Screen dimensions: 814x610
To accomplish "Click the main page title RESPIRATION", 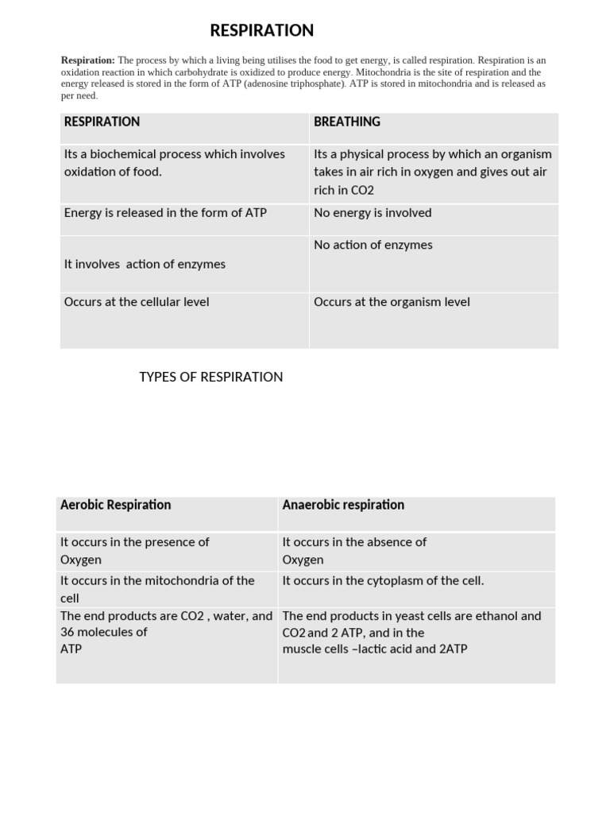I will (x=261, y=30).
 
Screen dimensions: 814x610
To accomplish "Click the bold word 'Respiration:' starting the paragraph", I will (x=88, y=60).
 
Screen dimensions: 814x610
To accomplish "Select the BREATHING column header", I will (x=347, y=122).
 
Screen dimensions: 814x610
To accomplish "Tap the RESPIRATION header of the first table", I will (x=102, y=122).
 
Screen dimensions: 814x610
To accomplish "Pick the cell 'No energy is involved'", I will (x=373, y=213).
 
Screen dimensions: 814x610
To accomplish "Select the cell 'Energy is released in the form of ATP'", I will (x=165, y=213).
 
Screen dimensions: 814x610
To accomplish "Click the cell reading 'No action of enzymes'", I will (x=373, y=245).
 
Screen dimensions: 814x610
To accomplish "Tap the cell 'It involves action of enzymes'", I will (x=145, y=264).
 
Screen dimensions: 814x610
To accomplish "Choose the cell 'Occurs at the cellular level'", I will (x=137, y=302).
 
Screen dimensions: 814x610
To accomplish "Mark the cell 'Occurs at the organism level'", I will (x=392, y=302).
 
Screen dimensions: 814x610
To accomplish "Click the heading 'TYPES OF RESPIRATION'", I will (x=210, y=377).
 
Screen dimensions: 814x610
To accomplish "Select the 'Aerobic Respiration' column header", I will (x=115, y=505).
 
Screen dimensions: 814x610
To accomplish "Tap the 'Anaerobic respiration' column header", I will (x=343, y=505).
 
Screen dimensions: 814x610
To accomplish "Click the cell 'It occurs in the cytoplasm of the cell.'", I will (x=383, y=581).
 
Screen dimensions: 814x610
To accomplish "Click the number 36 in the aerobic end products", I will (x=68, y=633).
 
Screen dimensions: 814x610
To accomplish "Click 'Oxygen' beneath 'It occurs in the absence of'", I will (x=303, y=560).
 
